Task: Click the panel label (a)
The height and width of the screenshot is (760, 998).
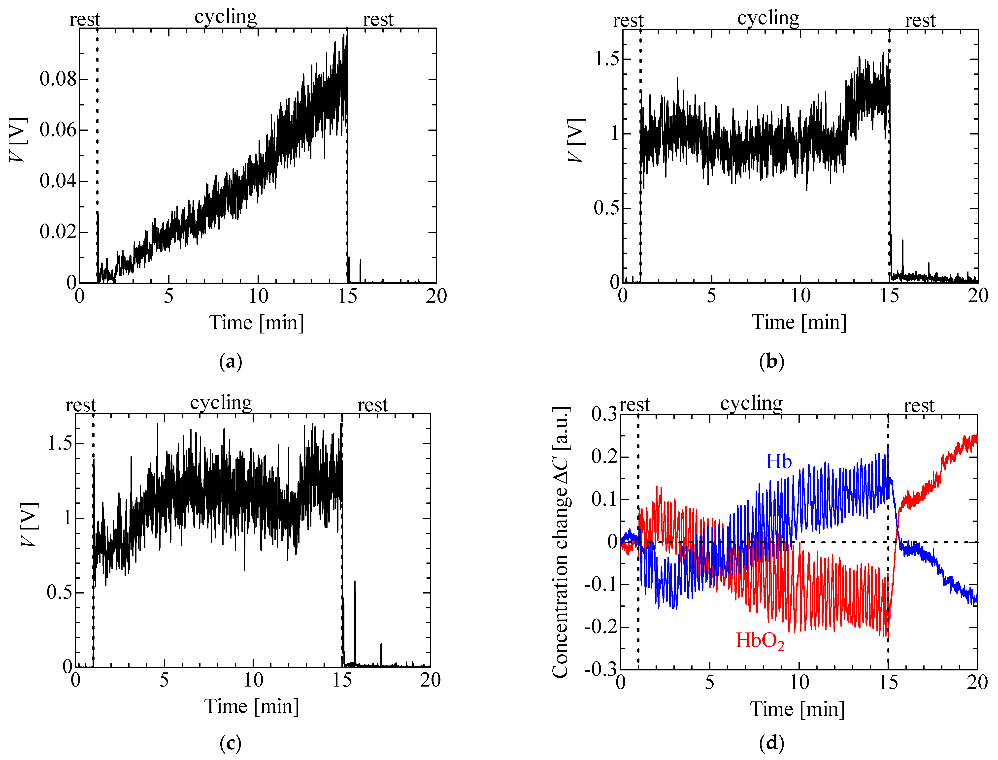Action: click(x=230, y=362)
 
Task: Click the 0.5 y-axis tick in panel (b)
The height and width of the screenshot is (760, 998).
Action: click(x=606, y=208)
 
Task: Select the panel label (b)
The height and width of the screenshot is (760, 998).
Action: click(x=771, y=362)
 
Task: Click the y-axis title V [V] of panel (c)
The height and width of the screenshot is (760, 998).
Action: click(x=30, y=525)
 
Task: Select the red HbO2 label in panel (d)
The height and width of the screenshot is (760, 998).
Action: click(x=760, y=641)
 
